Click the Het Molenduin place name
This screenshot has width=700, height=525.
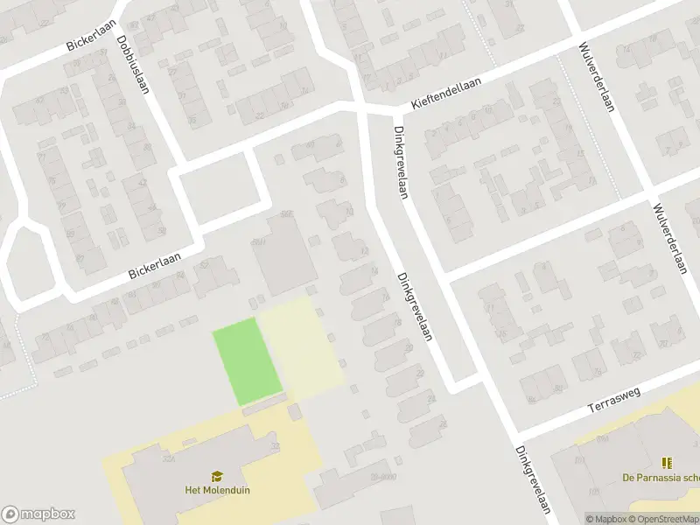[217, 490]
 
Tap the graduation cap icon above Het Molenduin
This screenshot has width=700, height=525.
[217, 475]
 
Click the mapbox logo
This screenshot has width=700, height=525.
[38, 514]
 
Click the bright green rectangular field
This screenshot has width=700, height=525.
[248, 360]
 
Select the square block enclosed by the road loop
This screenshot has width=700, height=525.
[221, 186]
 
